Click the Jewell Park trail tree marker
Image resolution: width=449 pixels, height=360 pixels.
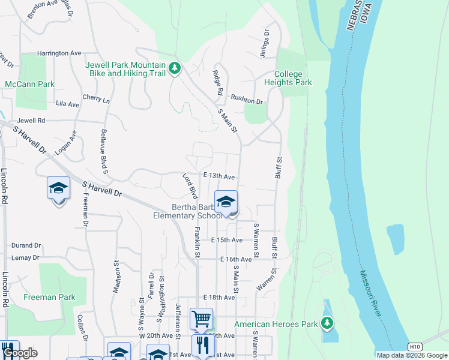[175, 68]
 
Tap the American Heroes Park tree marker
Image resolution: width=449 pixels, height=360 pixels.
[327, 324]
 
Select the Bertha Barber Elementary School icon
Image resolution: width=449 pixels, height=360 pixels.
[226, 202]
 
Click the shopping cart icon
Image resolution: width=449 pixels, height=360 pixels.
[201, 318]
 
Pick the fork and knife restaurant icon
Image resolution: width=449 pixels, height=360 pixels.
[202, 345]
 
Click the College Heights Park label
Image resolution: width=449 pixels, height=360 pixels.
[293, 78]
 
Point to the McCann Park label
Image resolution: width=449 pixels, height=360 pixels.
[30, 84]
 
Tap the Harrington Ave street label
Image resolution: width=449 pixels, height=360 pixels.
[59, 53]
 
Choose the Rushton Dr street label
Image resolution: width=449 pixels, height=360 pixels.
[247, 102]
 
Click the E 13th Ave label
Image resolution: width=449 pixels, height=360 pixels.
[218, 176]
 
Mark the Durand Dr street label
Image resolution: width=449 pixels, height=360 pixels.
[26, 245]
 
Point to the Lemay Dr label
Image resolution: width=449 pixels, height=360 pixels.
[25, 257]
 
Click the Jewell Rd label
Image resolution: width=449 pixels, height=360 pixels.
[31, 121]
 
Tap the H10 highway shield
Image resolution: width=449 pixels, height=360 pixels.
[415, 347]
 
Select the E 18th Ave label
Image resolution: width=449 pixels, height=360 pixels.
[218, 298]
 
